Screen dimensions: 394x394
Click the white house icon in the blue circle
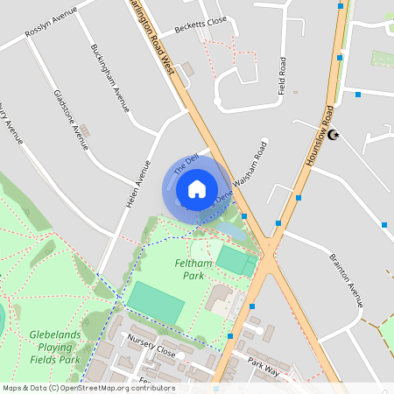[196, 187]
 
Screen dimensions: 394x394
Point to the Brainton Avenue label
[346, 280]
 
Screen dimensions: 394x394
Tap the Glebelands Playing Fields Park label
[55, 347]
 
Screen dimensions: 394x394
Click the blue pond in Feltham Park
[229, 230]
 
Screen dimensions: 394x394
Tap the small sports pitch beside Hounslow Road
[235, 260]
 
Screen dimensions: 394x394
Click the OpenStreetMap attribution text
[88, 388]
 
